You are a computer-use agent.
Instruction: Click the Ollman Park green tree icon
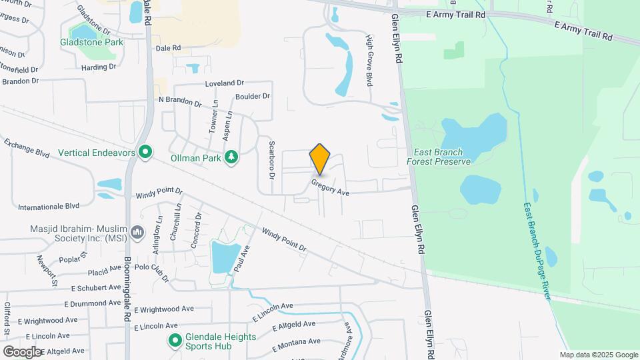click(232, 157)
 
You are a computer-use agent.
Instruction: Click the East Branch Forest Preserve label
click(439, 156)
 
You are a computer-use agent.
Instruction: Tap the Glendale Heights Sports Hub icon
click(175, 341)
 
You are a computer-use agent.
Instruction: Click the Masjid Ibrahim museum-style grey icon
click(138, 232)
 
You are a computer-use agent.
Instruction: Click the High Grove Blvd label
click(368, 61)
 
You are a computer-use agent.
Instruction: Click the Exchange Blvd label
click(27, 148)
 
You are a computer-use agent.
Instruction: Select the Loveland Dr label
click(225, 83)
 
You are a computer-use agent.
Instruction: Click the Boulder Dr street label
click(253, 96)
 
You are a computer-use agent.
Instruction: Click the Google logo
click(22, 351)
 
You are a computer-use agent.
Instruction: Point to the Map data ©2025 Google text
click(599, 355)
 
